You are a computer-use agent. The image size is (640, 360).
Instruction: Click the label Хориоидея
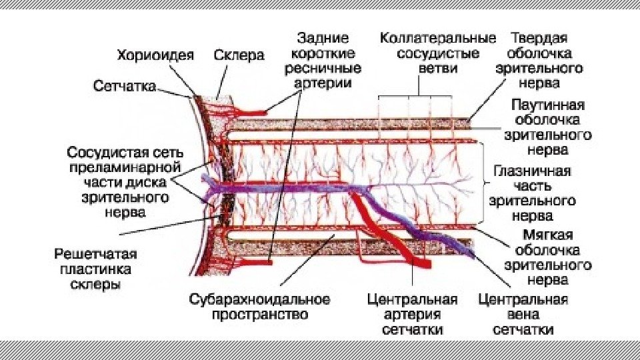pyautogui.click(x=155, y=55)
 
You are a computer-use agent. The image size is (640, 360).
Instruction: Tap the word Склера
pyautogui.click(x=239, y=55)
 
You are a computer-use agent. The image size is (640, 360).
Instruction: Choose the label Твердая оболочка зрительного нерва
pyautogui.click(x=546, y=60)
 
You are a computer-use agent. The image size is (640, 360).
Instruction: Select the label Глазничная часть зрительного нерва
pyautogui.click(x=531, y=193)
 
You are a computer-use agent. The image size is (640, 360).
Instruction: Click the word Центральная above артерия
pyautogui.click(x=413, y=299)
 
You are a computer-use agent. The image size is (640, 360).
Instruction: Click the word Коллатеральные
pyautogui.click(x=438, y=37)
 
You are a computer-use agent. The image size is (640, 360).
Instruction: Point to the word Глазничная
pyautogui.click(x=531, y=171)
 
